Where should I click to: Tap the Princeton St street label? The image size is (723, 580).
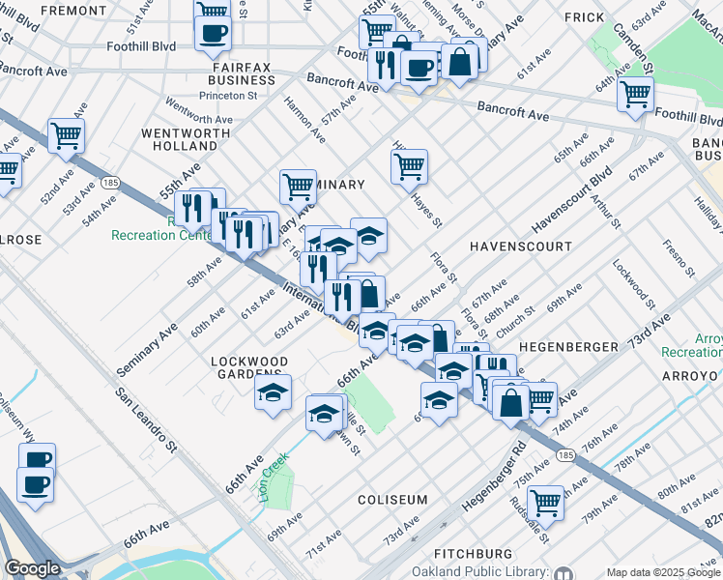[x=228, y=96]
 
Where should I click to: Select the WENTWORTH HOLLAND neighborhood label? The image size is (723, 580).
[x=180, y=138]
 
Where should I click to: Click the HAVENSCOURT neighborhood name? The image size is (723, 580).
[x=521, y=246]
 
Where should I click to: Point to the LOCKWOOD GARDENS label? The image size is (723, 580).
[x=250, y=368]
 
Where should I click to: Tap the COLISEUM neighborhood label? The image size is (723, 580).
[x=392, y=499]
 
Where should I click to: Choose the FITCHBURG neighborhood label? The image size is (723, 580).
[x=473, y=553]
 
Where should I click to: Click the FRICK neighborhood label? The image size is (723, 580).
[x=584, y=17]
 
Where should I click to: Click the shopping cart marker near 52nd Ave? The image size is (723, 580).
[x=67, y=135]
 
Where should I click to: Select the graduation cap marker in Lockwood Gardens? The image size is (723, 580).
[x=274, y=392]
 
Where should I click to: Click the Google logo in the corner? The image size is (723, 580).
[x=32, y=569]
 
